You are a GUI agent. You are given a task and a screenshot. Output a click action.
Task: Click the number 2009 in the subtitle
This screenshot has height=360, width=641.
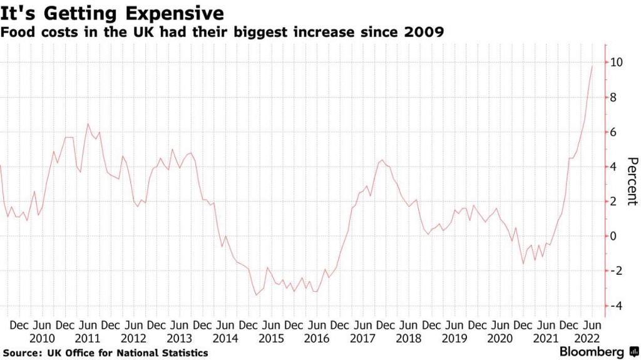tap(424, 32)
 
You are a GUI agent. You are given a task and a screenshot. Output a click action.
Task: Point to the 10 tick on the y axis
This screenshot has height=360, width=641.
tap(617, 63)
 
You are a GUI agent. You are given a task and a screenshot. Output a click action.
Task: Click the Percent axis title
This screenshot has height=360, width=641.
tap(632, 180)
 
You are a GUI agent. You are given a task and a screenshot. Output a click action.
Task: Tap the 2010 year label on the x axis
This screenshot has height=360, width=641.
tap(42, 338)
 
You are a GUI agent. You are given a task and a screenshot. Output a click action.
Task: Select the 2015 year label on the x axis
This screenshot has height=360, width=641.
tap(271, 338)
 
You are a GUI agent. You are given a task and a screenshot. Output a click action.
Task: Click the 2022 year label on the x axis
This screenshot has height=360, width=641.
tap(592, 338)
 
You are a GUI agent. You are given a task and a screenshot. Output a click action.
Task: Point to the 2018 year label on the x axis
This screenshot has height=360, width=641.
tap(409, 338)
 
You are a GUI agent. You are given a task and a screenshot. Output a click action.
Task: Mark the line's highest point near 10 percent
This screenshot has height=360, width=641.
tap(592, 66)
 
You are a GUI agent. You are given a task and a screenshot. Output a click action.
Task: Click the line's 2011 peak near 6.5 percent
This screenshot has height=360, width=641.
tap(88, 123)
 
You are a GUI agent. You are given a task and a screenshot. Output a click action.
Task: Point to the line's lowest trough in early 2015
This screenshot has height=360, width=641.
tap(256, 295)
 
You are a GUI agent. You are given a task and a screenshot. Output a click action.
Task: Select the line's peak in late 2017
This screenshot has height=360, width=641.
tap(382, 160)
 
